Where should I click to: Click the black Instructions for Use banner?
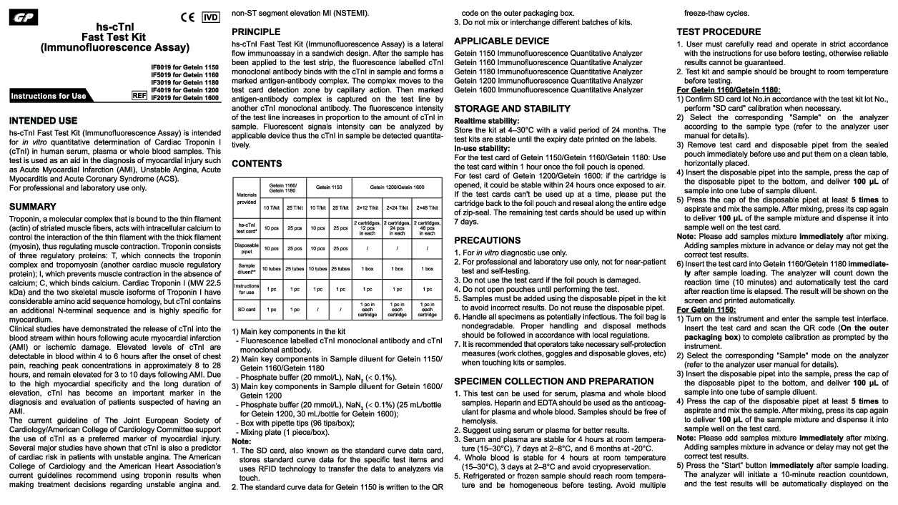[68, 96]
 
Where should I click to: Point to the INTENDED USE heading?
[44, 121]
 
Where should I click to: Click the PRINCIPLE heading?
[256, 32]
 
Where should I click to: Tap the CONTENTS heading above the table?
[257, 164]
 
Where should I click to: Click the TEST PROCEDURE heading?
[719, 32]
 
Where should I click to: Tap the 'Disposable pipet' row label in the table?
[247, 249]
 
